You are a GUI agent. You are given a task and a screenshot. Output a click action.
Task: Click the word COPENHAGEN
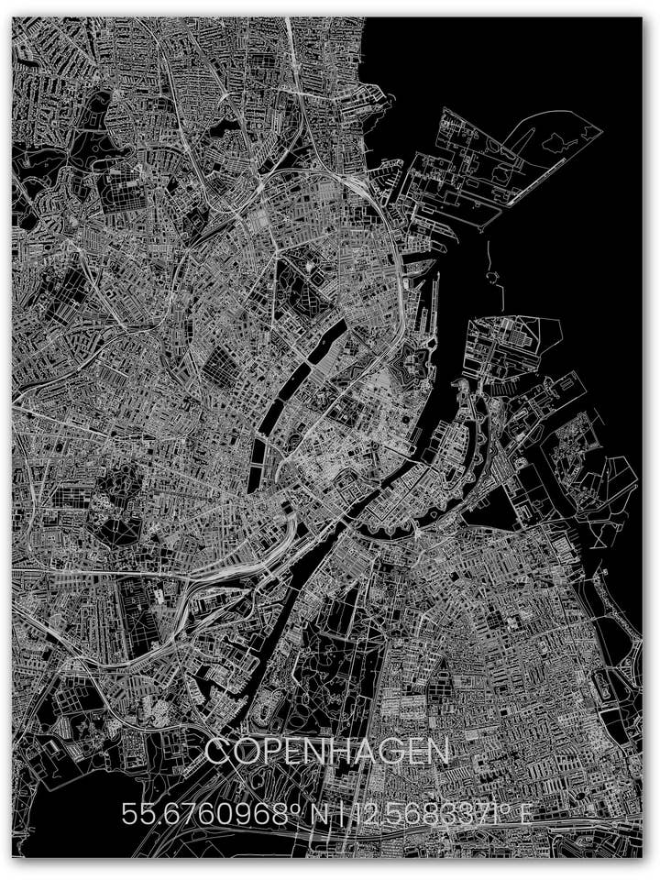327,753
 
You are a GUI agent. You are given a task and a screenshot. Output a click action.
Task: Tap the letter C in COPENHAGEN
217,753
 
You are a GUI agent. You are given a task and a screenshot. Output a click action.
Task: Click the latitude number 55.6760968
197,813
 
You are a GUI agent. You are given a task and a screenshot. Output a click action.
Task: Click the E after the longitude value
524,813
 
